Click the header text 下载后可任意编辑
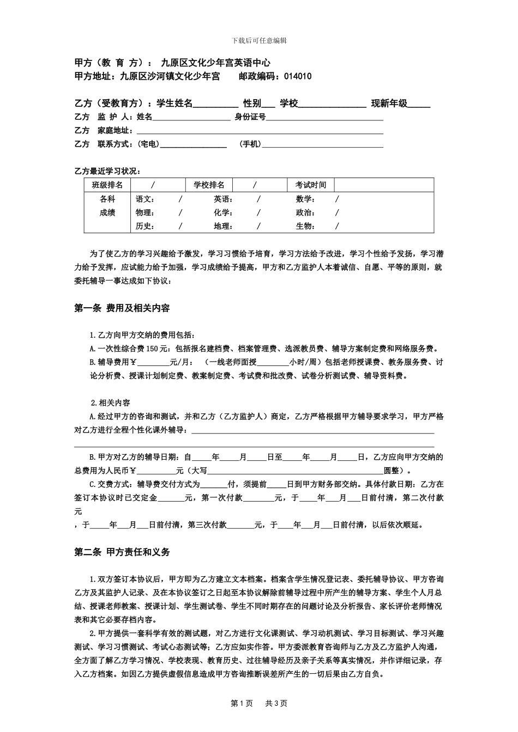tap(259, 40)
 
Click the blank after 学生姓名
tap(215, 104)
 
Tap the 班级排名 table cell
tap(107, 185)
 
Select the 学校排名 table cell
tap(209, 185)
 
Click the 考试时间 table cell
tap(311, 185)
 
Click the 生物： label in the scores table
tap(305, 226)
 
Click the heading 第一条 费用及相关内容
tap(122, 308)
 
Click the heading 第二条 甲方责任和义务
tap(122, 552)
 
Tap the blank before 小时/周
tap(273, 362)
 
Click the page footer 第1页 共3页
tap(259, 703)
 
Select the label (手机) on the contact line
tap(250, 144)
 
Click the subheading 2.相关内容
tap(110, 403)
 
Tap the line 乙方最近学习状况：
tap(107, 171)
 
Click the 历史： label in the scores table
tap(145, 226)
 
